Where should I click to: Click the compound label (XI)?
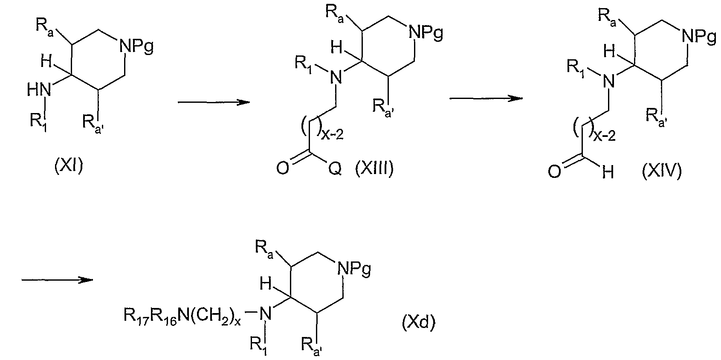pyautogui.click(x=69, y=166)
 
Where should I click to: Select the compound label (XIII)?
pyautogui.click(x=374, y=168)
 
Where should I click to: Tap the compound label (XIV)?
pyautogui.click(x=662, y=171)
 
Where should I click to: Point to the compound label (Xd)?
pyautogui.click(x=418, y=322)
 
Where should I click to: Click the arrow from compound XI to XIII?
pyautogui.click(x=214, y=102)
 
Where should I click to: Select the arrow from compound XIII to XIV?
pyautogui.click(x=486, y=98)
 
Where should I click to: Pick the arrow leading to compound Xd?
pyautogui.click(x=57, y=280)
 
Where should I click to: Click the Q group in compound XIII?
pyautogui.click(x=335, y=169)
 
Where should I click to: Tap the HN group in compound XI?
pyautogui.click(x=39, y=90)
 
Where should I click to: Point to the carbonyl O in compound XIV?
pyautogui.click(x=554, y=172)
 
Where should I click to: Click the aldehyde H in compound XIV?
pyautogui.click(x=608, y=173)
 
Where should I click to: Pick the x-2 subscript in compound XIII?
pyautogui.click(x=333, y=134)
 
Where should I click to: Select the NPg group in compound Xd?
pyautogui.click(x=354, y=269)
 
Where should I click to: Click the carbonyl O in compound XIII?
pyautogui.click(x=283, y=168)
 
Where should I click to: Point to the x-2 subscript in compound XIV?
pyautogui.click(x=605, y=136)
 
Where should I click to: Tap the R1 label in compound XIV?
pyautogui.click(x=576, y=68)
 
